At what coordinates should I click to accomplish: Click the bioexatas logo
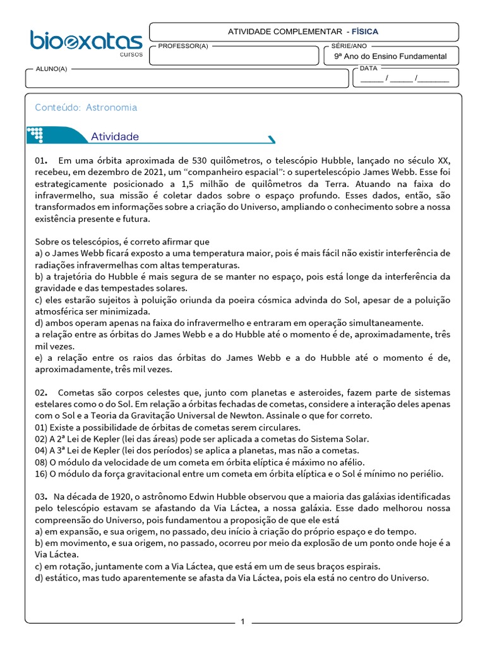(86, 42)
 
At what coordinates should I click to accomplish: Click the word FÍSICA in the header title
(365, 31)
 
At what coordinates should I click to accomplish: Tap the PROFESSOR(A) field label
(183, 46)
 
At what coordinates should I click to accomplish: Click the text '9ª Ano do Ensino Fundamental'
(390, 56)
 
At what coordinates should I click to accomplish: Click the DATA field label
(368, 68)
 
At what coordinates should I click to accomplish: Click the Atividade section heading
(115, 136)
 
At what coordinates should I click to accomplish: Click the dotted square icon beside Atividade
(35, 135)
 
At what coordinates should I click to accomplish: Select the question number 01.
(41, 160)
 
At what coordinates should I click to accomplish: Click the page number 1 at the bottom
(242, 622)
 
